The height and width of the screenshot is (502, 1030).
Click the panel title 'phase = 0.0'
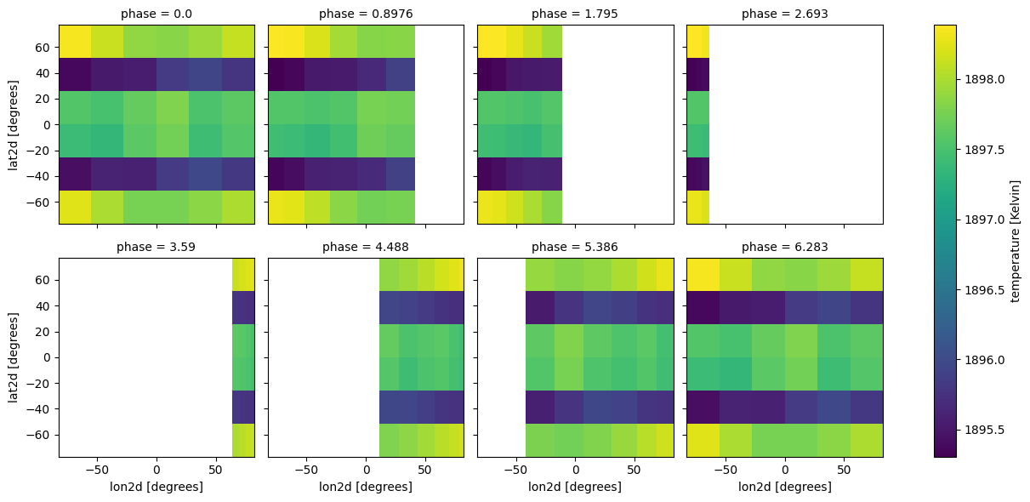[156, 14]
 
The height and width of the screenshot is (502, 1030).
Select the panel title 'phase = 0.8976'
[366, 14]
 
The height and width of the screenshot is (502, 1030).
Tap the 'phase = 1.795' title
[575, 14]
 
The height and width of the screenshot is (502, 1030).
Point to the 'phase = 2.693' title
[784, 14]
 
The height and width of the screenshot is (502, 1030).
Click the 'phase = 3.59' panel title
[156, 248]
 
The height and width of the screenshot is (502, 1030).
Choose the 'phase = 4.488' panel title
[366, 248]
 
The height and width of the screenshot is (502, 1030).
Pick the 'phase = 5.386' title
[575, 248]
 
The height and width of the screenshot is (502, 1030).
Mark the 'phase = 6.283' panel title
[784, 248]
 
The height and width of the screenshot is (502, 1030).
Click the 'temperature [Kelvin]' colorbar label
[1016, 241]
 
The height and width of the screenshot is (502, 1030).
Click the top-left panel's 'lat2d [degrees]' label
[14, 124]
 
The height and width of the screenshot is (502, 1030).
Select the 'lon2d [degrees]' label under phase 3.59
[156, 487]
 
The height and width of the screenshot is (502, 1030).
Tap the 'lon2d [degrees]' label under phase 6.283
[784, 487]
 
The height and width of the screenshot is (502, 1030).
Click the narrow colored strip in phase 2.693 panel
[697, 124]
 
